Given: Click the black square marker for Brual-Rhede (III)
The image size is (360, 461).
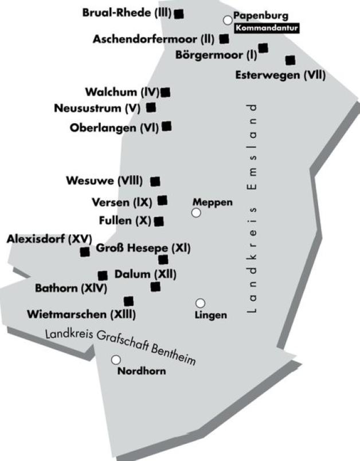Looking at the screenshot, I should [179, 13].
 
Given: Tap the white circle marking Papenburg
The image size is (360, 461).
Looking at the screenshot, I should [228, 20].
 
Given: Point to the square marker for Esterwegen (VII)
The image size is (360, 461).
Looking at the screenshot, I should [290, 60].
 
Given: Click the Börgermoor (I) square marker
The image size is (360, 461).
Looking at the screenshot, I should [263, 48].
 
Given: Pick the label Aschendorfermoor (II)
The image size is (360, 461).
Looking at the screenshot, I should [153, 40].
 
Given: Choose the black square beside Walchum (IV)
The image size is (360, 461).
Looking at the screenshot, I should [166, 92].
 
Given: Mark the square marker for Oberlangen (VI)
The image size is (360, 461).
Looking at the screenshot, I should [167, 126].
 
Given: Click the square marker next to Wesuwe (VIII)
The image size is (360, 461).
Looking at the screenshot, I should [155, 182].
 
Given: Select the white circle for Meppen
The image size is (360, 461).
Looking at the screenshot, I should [197, 213].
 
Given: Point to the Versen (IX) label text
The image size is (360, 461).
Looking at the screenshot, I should [122, 202].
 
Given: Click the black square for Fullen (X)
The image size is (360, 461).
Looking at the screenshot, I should [159, 221].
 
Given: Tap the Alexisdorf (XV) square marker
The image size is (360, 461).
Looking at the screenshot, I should [85, 251].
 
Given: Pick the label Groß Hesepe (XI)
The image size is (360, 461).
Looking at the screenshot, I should [143, 248].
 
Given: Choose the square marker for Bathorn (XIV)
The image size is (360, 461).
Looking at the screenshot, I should [103, 275].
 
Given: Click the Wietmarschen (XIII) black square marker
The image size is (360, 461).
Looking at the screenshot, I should [128, 301].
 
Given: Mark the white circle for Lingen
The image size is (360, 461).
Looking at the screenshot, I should [201, 303].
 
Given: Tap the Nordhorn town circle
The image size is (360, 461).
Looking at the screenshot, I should [116, 360].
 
